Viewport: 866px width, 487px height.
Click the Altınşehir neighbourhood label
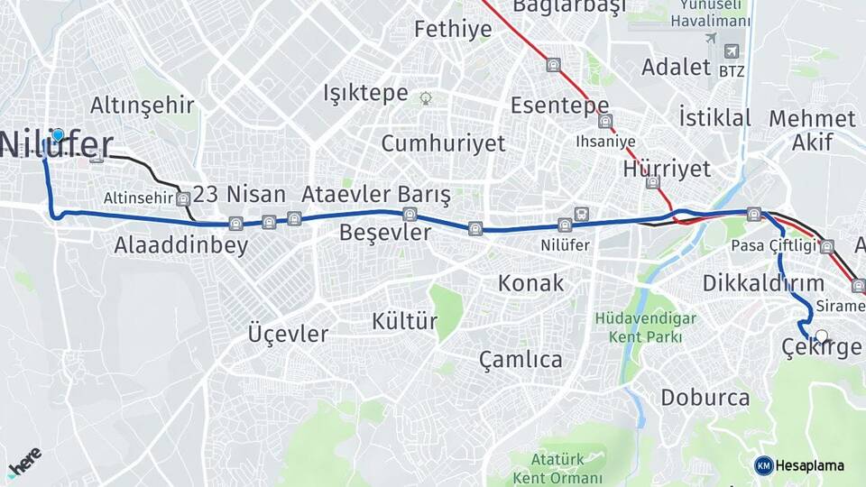coord(143,106)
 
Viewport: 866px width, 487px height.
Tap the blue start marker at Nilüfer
coord(58,136)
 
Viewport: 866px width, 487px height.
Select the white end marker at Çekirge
coord(821,336)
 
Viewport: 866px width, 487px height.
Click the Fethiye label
coord(453,29)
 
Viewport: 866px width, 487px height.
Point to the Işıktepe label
coord(366,93)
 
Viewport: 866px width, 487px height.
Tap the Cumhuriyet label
coord(443,143)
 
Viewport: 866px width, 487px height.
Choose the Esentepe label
coord(559,106)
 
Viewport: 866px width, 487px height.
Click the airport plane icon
coord(710,38)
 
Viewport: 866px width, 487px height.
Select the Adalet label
coord(676,67)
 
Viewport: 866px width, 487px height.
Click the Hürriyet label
coord(667,169)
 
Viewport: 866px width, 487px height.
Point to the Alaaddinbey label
coord(180,245)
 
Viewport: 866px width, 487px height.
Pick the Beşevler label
coord(385,233)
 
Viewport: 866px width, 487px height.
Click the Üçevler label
coord(288,334)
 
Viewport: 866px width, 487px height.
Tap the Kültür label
coord(404,321)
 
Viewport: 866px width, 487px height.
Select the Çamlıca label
coord(521,360)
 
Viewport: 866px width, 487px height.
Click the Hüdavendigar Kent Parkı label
coord(644,327)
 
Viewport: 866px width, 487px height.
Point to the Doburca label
coord(705,398)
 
